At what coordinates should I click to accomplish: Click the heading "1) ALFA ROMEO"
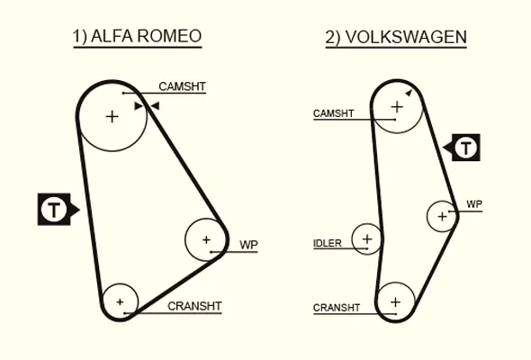point(138,36)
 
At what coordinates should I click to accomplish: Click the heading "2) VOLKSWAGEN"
point(396,37)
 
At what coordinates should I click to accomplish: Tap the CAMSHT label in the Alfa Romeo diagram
point(182,86)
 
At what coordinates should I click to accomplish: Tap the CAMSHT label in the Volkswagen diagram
point(334,113)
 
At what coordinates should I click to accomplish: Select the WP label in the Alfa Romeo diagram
point(248,245)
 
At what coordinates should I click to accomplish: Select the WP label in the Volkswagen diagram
point(474,204)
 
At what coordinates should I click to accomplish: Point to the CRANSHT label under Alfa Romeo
point(194,306)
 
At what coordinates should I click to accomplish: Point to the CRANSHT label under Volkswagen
point(337,308)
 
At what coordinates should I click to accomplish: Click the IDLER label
point(327,243)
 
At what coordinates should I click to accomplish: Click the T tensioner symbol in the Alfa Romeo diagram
point(54,210)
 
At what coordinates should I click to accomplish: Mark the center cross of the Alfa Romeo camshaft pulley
point(112,117)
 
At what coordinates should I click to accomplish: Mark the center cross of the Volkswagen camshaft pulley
point(397,107)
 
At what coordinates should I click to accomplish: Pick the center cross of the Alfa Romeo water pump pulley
point(206,239)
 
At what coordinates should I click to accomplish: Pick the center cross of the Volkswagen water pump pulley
point(442,216)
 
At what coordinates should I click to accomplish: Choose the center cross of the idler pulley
point(367,239)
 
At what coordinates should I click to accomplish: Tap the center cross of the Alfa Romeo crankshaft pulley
point(120,301)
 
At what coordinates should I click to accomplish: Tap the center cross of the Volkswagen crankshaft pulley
point(395,301)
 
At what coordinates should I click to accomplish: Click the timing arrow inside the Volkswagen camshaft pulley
point(409,93)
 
